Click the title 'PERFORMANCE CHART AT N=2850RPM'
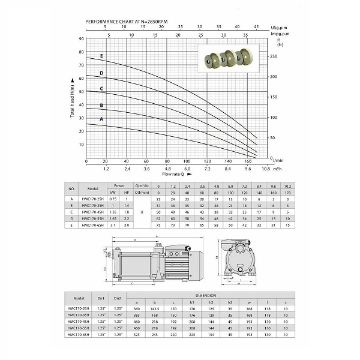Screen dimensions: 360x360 tap(126, 21)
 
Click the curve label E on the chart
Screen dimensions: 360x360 tap(101, 56)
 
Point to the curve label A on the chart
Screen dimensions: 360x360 tap(101, 119)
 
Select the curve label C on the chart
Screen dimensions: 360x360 tap(101, 89)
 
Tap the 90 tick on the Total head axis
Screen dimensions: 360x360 tap(82, 38)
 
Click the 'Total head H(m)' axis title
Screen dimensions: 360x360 tap(73, 98)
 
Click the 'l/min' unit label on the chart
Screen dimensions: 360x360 tap(277, 161)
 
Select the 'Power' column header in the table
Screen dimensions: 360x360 tap(120, 185)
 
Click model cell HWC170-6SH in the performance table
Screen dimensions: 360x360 tap(97, 226)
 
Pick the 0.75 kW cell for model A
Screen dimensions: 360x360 tap(113, 199)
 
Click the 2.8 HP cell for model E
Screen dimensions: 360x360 tap(127, 226)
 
